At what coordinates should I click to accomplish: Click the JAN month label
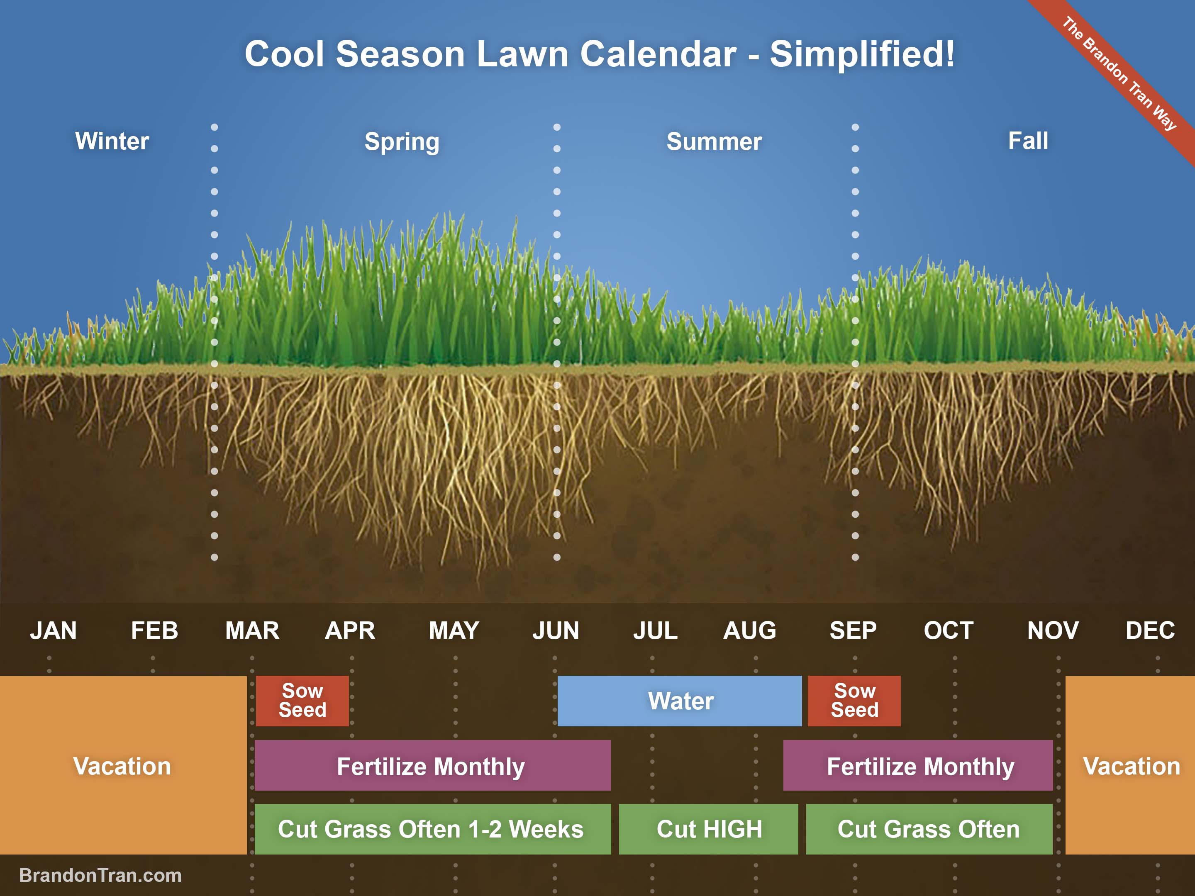(x=53, y=630)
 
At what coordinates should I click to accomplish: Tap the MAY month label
(x=454, y=630)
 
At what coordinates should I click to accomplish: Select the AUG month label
(x=749, y=630)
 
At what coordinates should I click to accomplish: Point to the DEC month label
(x=1150, y=630)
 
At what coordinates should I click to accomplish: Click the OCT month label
(x=948, y=630)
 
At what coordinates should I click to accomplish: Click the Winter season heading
(x=112, y=141)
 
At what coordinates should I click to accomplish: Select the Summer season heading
(x=714, y=141)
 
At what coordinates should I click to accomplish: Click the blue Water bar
(x=680, y=701)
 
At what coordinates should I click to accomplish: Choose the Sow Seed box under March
(x=302, y=701)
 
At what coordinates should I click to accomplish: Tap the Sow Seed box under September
(x=854, y=701)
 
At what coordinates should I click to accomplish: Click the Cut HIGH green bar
(x=708, y=828)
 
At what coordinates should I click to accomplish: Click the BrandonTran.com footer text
(x=100, y=875)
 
